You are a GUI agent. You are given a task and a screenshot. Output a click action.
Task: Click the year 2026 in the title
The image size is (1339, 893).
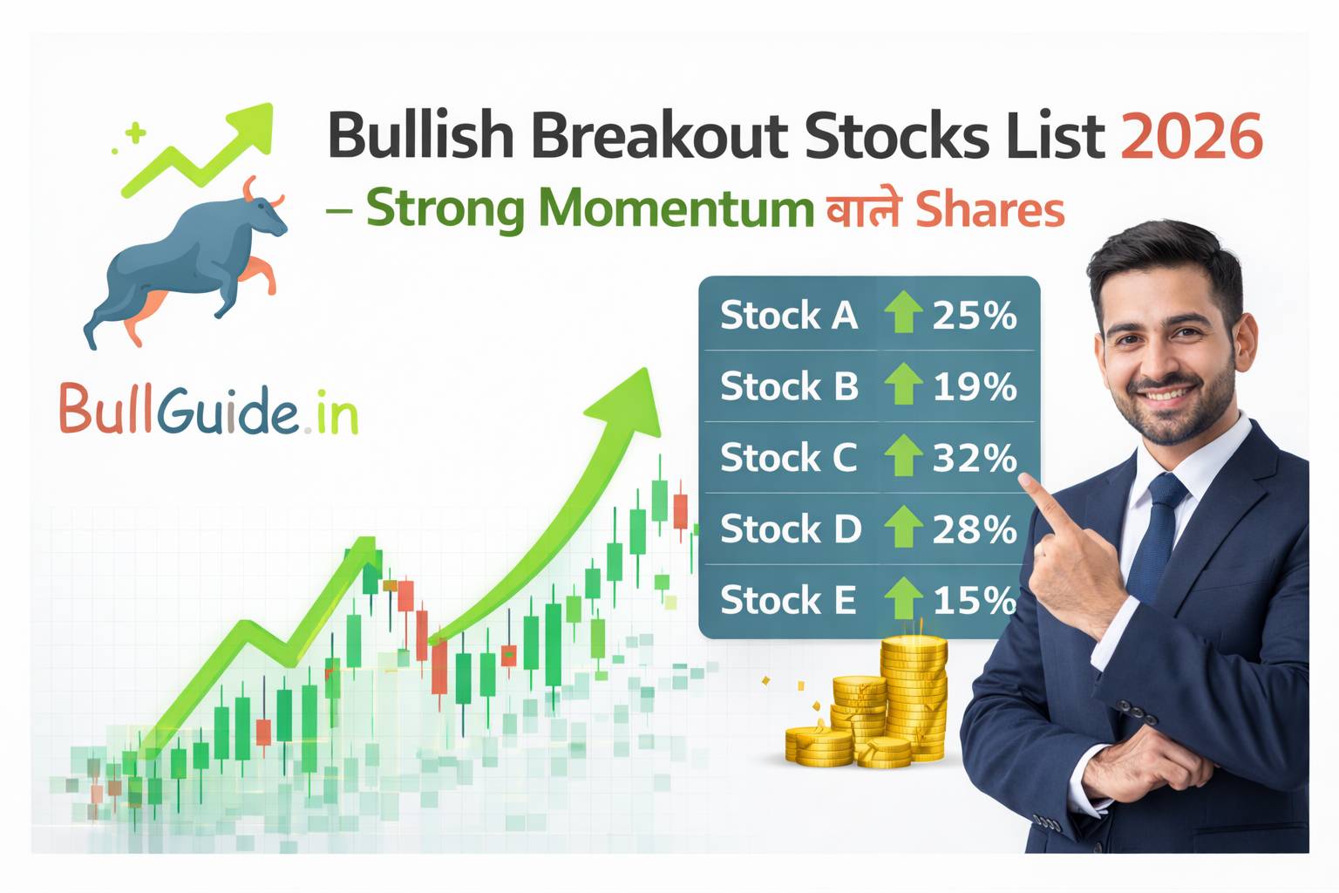(1191, 137)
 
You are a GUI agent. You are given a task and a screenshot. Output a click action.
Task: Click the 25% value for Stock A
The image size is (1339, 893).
(975, 315)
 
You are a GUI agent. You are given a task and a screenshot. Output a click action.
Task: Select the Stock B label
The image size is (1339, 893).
(789, 386)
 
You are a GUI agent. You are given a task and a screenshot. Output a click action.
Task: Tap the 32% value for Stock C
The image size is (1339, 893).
(975, 458)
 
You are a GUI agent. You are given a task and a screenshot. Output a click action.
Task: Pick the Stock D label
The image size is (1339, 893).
(790, 529)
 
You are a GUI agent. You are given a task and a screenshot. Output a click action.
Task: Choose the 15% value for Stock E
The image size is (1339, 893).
(975, 601)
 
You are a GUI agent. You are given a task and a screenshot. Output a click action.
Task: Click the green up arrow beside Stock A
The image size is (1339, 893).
(903, 313)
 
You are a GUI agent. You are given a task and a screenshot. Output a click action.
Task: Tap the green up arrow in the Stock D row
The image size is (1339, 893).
(903, 528)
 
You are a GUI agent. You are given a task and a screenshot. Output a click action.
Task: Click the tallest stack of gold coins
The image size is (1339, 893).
(914, 698)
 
